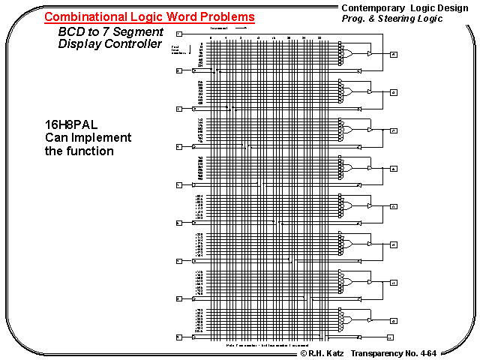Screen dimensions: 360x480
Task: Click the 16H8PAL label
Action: pos(70,124)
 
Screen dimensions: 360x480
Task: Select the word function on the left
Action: pos(90,151)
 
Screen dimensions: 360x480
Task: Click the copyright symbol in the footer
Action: pos(304,352)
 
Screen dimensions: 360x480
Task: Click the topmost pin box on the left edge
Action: pos(178,34)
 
